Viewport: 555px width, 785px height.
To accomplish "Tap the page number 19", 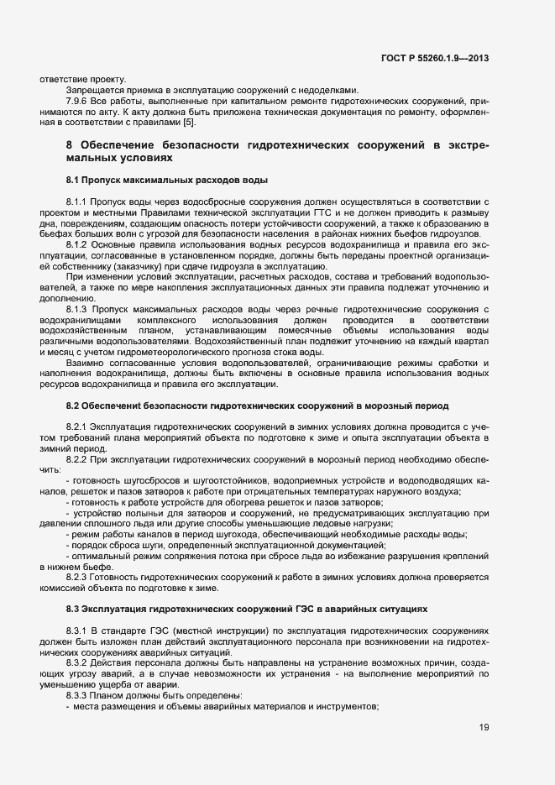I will click(484, 727).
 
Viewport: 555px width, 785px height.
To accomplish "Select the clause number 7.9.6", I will click(79, 101).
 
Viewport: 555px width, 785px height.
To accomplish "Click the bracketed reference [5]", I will click(190, 123).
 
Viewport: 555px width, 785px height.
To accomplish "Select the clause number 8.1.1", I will click(78, 203).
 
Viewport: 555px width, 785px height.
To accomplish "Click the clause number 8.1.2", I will click(78, 243).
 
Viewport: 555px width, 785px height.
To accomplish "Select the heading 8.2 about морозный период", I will click(256, 406).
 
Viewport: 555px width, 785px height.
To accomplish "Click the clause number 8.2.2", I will click(78, 461).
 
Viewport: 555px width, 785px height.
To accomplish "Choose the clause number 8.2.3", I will click(78, 578).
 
